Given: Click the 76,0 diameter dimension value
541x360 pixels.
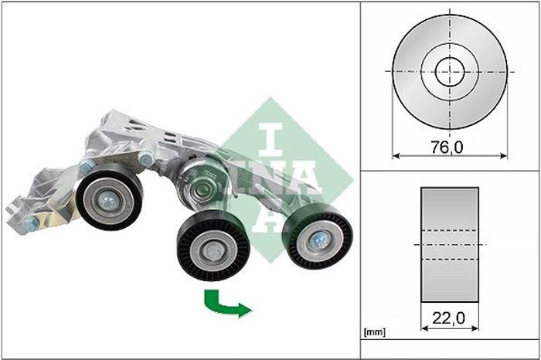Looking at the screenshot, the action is tap(447, 148).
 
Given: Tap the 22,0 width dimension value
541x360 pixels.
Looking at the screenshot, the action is tap(448, 318).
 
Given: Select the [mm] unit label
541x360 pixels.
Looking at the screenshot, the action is tap(375, 332).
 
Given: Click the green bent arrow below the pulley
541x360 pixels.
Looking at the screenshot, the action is tap(226, 304).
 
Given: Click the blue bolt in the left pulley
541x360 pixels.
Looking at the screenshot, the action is tap(108, 200).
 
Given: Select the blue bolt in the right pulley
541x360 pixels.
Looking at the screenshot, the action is tap(318, 240).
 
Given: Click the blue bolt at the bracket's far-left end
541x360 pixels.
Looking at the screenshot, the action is tap(32, 225).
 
